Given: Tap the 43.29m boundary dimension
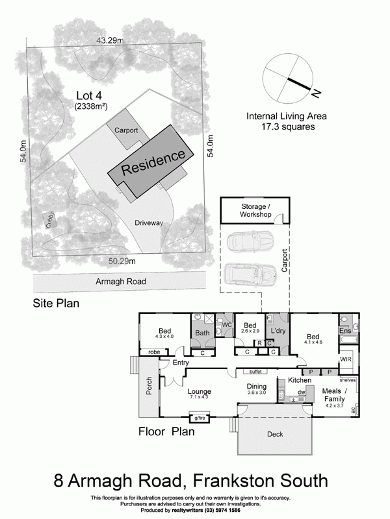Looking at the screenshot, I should (x=110, y=40).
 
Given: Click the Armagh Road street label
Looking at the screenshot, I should (x=120, y=282).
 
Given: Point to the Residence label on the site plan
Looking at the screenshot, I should (x=155, y=162).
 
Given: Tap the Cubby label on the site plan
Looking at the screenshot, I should (x=49, y=221).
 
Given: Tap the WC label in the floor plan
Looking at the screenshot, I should (x=227, y=324).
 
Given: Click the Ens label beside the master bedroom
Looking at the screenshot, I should (x=345, y=331).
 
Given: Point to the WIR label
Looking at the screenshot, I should (x=345, y=358).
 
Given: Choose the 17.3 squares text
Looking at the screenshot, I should (x=286, y=127).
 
